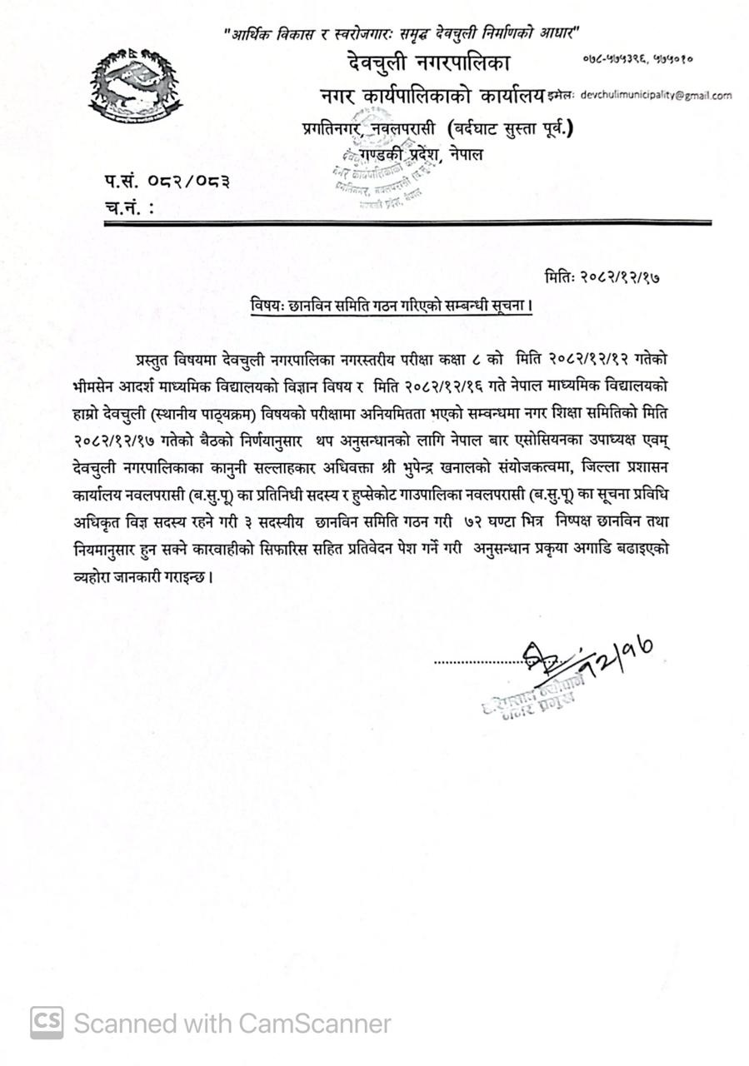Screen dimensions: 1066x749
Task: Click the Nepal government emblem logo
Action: [135, 87]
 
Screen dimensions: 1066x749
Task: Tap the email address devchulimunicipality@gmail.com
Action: [656, 96]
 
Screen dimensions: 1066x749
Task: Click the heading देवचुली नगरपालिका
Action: [429, 62]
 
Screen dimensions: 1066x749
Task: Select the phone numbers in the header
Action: [637, 59]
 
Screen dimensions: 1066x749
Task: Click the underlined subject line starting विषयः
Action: [392, 306]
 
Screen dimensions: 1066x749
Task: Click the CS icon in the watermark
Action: [47, 1023]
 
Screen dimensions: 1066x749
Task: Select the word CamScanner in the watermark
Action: [314, 1023]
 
